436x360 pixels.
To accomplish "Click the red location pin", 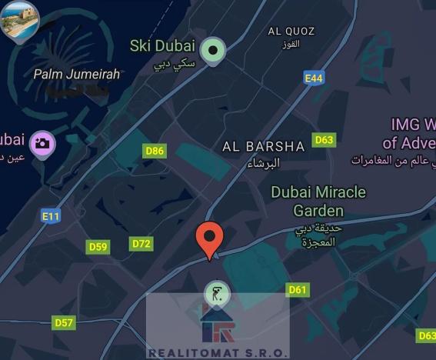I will click(210, 238).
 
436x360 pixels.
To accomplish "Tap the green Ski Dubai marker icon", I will click(211, 52).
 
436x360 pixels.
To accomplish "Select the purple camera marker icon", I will click(42, 143).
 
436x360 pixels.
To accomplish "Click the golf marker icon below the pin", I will click(218, 293).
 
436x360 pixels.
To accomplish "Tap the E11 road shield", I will click(50, 216).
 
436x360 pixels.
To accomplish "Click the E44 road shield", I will click(313, 78).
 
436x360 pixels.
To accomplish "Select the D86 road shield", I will click(155, 151).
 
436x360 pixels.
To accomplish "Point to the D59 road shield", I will click(98, 247).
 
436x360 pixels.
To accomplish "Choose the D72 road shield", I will click(141, 244).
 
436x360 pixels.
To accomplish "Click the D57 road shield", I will click(64, 322).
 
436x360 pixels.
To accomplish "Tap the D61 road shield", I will click(298, 290).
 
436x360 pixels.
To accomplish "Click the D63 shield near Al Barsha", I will click(324, 140).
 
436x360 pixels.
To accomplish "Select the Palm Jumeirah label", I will click(77, 75).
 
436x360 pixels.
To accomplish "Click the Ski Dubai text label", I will click(162, 45).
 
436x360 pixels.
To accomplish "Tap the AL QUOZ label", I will click(291, 32).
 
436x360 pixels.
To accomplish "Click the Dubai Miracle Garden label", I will click(318, 200).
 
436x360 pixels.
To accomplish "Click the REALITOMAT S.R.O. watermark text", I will click(218, 353).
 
